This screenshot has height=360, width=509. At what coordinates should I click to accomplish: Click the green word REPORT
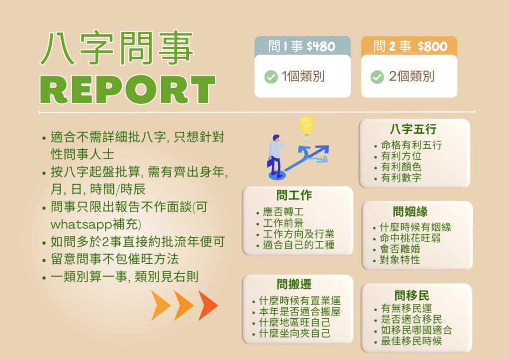[128, 90]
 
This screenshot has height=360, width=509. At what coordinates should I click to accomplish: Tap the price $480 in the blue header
[321, 46]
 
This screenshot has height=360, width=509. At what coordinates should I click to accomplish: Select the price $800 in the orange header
[432, 46]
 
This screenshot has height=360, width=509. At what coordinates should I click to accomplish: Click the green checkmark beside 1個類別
[271, 77]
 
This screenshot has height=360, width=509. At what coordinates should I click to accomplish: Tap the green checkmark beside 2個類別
[377, 77]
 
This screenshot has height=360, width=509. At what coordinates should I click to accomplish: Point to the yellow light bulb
[306, 128]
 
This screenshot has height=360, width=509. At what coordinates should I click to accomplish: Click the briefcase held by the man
[270, 162]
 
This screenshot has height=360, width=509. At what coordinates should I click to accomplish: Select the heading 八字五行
[413, 129]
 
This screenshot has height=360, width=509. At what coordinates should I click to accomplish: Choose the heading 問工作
[294, 195]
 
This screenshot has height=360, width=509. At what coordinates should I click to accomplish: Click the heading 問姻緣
[410, 212]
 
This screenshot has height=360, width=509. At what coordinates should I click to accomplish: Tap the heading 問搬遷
[294, 284]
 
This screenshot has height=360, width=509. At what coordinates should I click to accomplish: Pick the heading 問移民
[412, 295]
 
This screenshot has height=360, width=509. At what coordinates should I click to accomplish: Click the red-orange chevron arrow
[208, 305]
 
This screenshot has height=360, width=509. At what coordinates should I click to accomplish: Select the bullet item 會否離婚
[400, 249]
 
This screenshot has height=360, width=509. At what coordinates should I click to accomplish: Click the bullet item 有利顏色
[401, 167]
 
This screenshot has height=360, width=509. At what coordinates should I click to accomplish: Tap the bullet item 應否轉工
[283, 212]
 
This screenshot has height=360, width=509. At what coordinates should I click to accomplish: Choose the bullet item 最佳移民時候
[412, 341]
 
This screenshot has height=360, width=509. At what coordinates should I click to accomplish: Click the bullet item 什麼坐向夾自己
[295, 333]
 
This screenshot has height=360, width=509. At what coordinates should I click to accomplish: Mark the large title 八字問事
[117, 48]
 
